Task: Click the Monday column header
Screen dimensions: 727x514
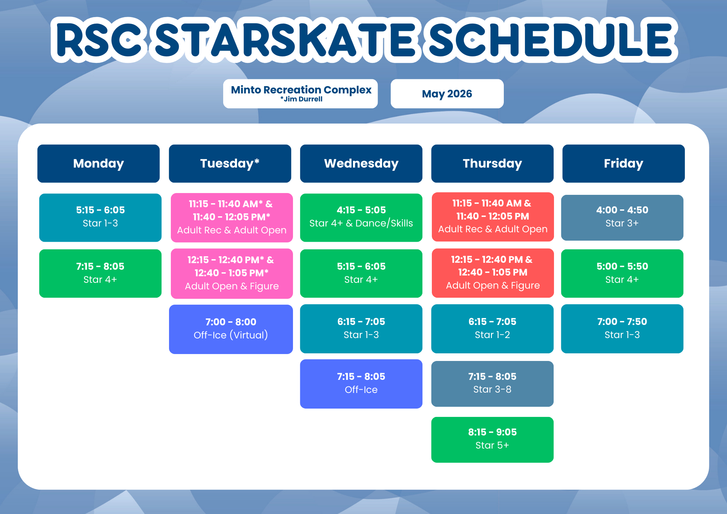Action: click(x=99, y=164)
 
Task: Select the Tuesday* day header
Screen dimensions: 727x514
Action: click(x=230, y=164)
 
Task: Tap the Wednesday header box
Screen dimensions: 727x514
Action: click(x=361, y=164)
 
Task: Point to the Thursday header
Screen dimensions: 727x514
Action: click(x=493, y=164)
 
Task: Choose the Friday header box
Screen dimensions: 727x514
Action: click(x=624, y=164)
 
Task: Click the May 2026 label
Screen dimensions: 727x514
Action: click(x=447, y=94)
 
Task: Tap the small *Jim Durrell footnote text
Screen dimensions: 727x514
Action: click(x=301, y=99)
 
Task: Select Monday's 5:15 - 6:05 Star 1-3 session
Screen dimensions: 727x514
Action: click(x=100, y=218)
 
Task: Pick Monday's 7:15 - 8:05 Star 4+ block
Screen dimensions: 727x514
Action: click(x=100, y=273)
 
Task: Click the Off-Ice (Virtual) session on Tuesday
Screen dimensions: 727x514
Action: click(x=231, y=329)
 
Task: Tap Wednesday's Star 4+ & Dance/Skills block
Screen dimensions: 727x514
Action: click(x=361, y=218)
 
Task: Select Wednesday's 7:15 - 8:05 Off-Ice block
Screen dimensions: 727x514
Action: click(x=361, y=384)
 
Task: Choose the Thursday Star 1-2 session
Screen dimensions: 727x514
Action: click(x=493, y=329)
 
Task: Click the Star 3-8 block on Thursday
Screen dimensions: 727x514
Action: click(x=493, y=384)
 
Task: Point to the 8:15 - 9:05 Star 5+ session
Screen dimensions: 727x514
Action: click(x=493, y=440)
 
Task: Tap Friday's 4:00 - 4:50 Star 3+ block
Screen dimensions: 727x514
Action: click(x=622, y=218)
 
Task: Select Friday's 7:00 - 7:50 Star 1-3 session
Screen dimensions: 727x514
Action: click(x=622, y=329)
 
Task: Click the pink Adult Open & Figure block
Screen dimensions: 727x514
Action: click(x=232, y=274)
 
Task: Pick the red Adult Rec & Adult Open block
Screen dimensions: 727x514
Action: click(x=493, y=217)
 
